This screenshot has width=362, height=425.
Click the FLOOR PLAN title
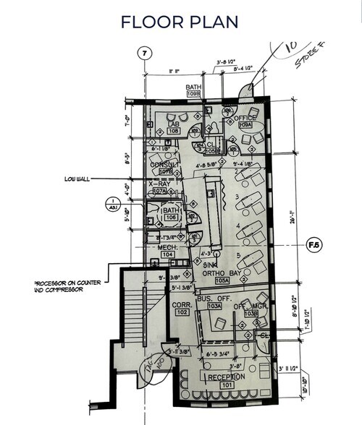(x=180, y=21)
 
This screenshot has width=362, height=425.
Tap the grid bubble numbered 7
(x=145, y=53)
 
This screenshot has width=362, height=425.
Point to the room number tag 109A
(x=246, y=125)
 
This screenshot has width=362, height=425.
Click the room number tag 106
(x=171, y=217)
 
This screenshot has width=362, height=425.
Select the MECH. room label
(x=169, y=247)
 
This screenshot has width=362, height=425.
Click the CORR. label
(x=181, y=305)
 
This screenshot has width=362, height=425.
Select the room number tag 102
(x=181, y=314)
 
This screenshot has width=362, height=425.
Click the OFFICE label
(x=245, y=117)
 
